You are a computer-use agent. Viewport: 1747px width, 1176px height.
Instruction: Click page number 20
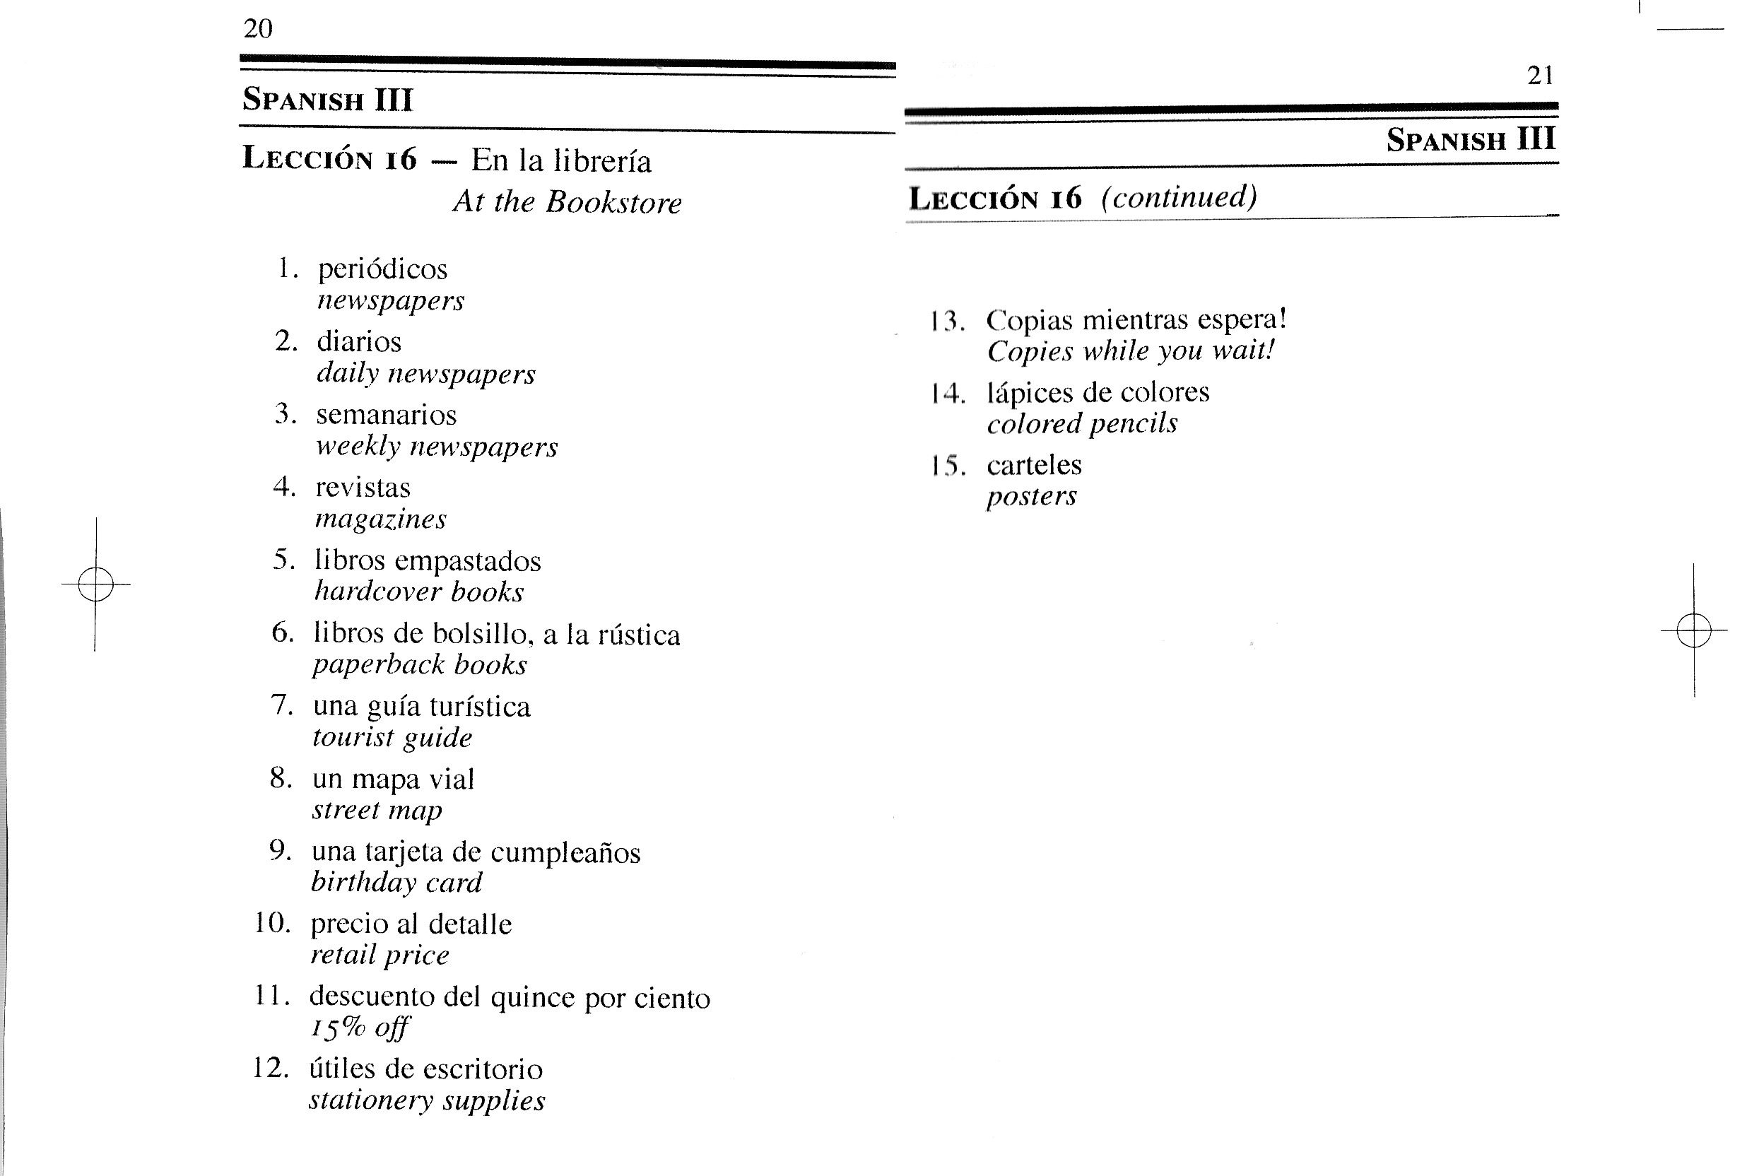pos(258,28)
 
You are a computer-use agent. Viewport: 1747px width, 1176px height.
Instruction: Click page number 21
pos(1540,76)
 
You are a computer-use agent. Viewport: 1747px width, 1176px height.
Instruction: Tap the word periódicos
pos(382,269)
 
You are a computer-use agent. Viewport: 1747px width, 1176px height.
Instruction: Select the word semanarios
pos(386,415)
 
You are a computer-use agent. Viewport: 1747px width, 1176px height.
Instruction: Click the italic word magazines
pos(380,519)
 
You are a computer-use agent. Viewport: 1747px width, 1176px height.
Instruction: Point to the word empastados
pos(468,561)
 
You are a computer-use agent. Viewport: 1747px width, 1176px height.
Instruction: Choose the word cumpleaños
pos(565,853)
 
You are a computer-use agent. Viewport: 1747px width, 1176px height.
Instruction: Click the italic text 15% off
pos(360,1028)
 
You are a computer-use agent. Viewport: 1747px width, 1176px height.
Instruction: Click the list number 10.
pos(272,923)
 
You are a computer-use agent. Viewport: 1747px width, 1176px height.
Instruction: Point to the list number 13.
pos(947,321)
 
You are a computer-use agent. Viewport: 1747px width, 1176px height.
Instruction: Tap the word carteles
pos(1034,465)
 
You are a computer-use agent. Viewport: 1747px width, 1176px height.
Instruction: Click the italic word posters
pos(1031,497)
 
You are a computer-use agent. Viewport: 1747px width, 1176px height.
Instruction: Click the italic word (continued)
pos(1179,197)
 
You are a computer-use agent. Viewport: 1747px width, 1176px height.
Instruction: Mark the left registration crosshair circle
pos(95,584)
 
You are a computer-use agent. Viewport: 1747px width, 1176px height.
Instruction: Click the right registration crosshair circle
pos(1693,630)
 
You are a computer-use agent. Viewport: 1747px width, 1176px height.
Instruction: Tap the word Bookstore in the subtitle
pos(613,203)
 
